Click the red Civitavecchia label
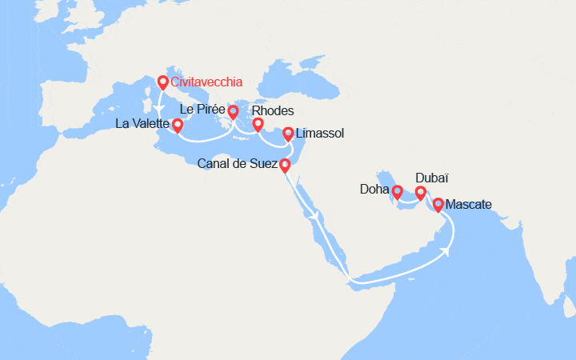point(207,82)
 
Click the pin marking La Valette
point(178,125)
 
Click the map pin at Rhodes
point(258,125)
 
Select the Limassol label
point(320,134)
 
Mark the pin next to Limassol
point(288,133)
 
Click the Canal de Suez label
point(237,165)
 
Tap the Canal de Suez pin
point(285,166)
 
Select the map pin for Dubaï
point(421,193)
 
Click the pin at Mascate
point(438,205)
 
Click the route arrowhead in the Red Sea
point(318,215)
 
